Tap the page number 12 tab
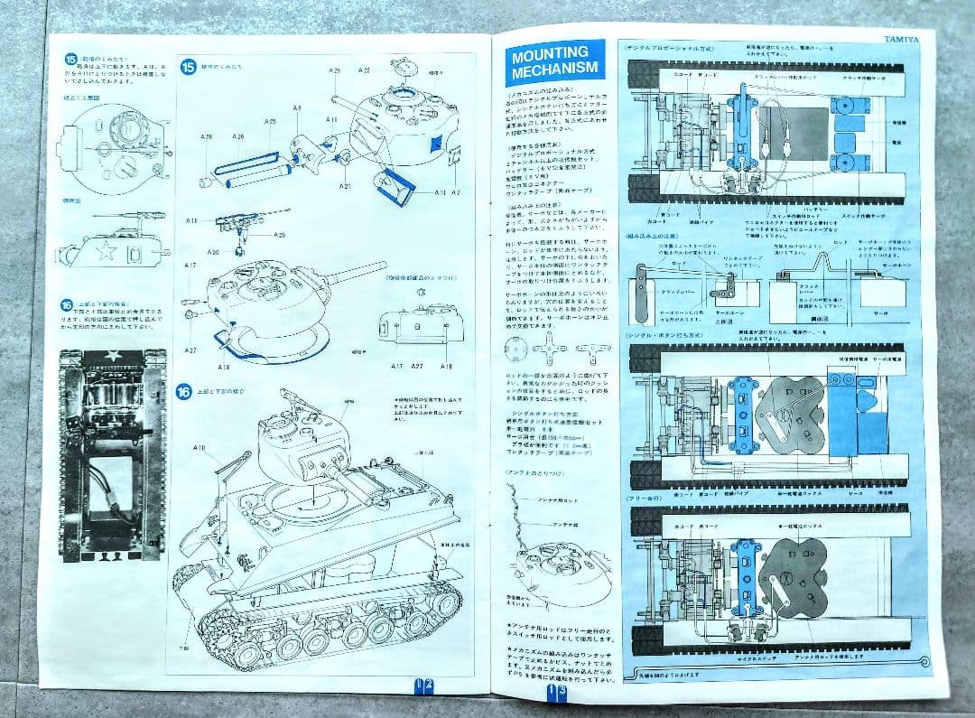[423, 685]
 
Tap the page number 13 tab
[556, 691]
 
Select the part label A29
[335, 70]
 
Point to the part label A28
[207, 136]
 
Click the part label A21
[345, 185]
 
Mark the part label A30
[213, 252]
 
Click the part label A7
[456, 192]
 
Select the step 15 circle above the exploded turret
[189, 67]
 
